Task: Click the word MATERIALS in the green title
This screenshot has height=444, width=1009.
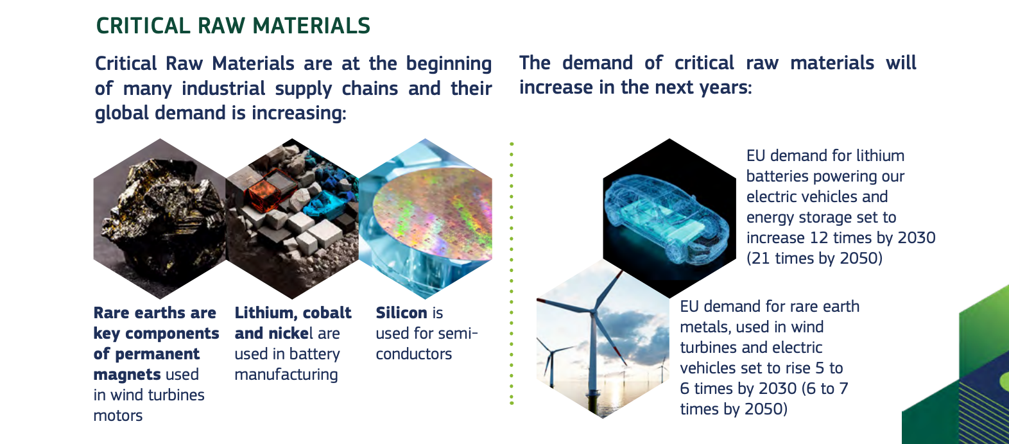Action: tap(311, 26)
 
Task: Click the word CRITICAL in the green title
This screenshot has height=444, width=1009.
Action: tap(143, 26)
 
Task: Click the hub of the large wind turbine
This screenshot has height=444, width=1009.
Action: tap(594, 310)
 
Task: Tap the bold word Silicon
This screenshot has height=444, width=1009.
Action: tap(401, 312)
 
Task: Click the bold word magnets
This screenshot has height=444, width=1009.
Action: tap(127, 375)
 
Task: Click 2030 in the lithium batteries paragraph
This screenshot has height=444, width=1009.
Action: tap(917, 238)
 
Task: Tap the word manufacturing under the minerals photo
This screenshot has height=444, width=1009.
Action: tap(286, 375)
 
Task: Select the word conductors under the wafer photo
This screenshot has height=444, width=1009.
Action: tap(413, 354)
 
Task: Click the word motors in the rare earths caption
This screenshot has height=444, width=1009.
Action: tap(118, 416)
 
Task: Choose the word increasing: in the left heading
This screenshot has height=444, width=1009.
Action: tap(299, 113)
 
